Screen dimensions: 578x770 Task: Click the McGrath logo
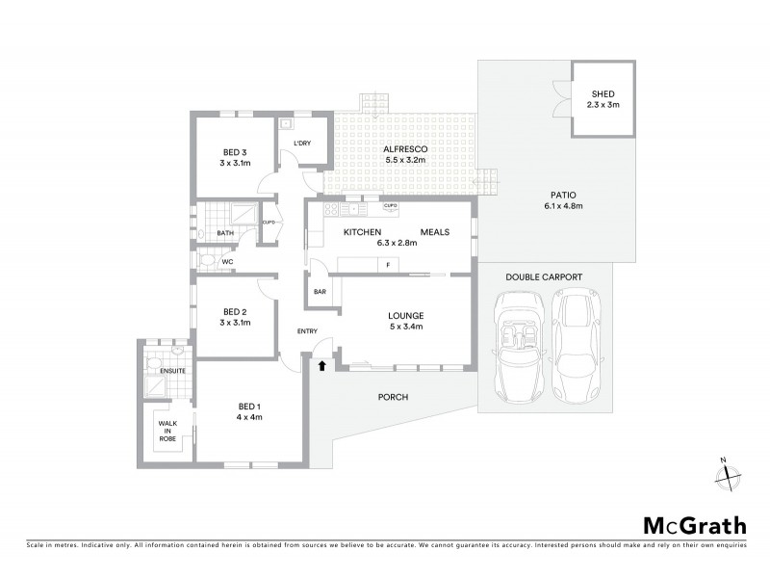coord(694,525)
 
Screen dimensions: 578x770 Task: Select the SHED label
coord(603,93)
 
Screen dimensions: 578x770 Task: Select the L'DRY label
coord(302,144)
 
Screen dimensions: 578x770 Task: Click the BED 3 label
coord(236,152)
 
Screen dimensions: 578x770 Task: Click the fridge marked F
coord(387,264)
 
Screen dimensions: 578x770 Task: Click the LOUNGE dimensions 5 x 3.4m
coord(405,327)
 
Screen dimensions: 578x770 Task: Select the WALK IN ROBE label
coord(168,429)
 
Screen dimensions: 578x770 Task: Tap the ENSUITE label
coord(172,369)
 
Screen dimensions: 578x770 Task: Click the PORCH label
coord(394,397)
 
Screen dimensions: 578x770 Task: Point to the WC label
coord(228,261)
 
